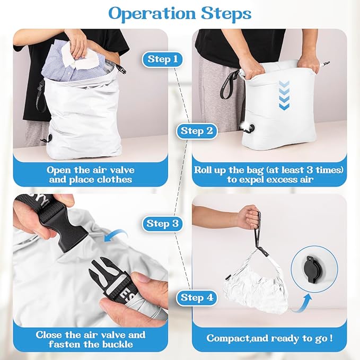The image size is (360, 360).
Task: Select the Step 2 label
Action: pyautogui.click(x=197, y=130)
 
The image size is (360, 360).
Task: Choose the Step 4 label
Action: pyautogui.click(x=197, y=297)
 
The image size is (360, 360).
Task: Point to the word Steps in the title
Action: pyautogui.click(x=225, y=13)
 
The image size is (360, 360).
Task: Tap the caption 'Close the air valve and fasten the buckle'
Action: pyautogui.click(x=90, y=340)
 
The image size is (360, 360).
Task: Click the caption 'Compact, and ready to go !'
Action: pyautogui.click(x=269, y=338)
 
